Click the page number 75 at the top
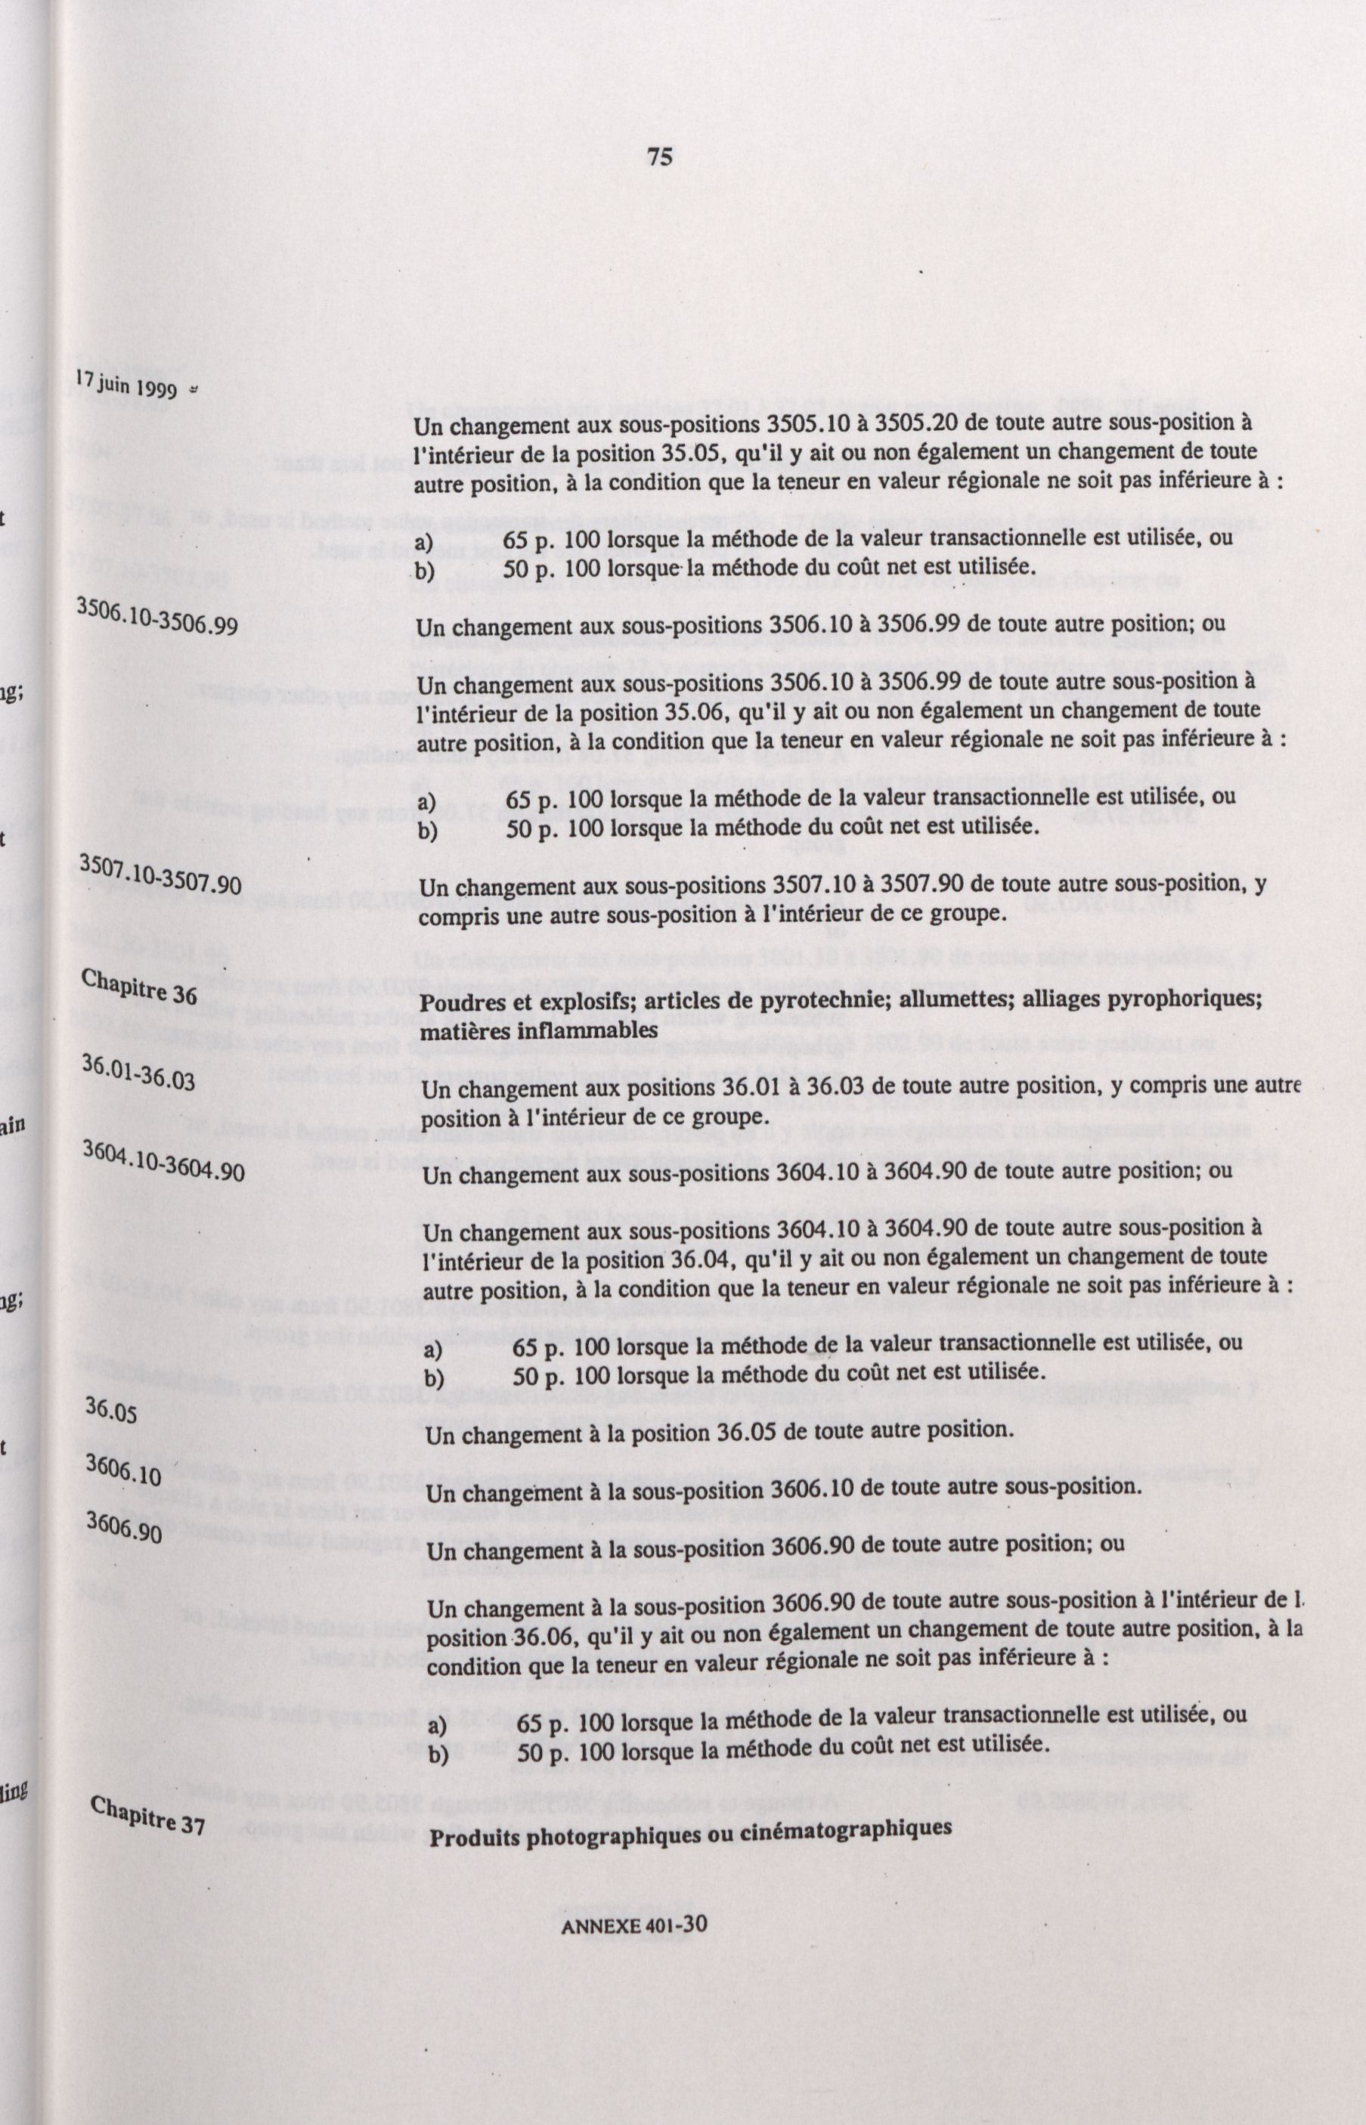point(659,158)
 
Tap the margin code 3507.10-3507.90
point(159,872)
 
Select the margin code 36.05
point(111,1407)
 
